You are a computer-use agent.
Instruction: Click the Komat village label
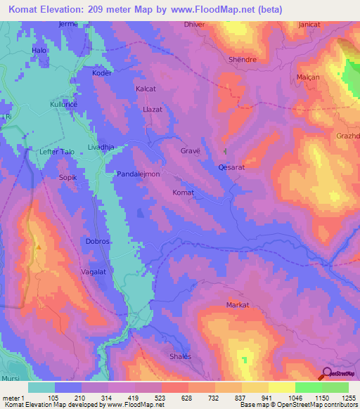[x=183, y=192]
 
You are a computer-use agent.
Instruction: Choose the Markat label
[x=238, y=304]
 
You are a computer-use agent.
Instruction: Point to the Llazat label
[x=153, y=110]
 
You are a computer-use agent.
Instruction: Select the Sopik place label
[x=67, y=178]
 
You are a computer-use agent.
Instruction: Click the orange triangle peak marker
[x=39, y=247]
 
